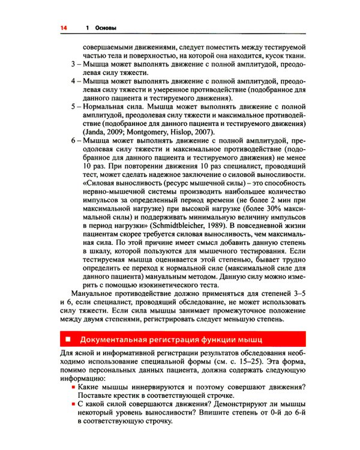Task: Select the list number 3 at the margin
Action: (73, 63)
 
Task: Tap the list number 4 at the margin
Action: (73, 80)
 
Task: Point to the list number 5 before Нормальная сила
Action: (73, 106)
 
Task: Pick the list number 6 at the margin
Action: (73, 140)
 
